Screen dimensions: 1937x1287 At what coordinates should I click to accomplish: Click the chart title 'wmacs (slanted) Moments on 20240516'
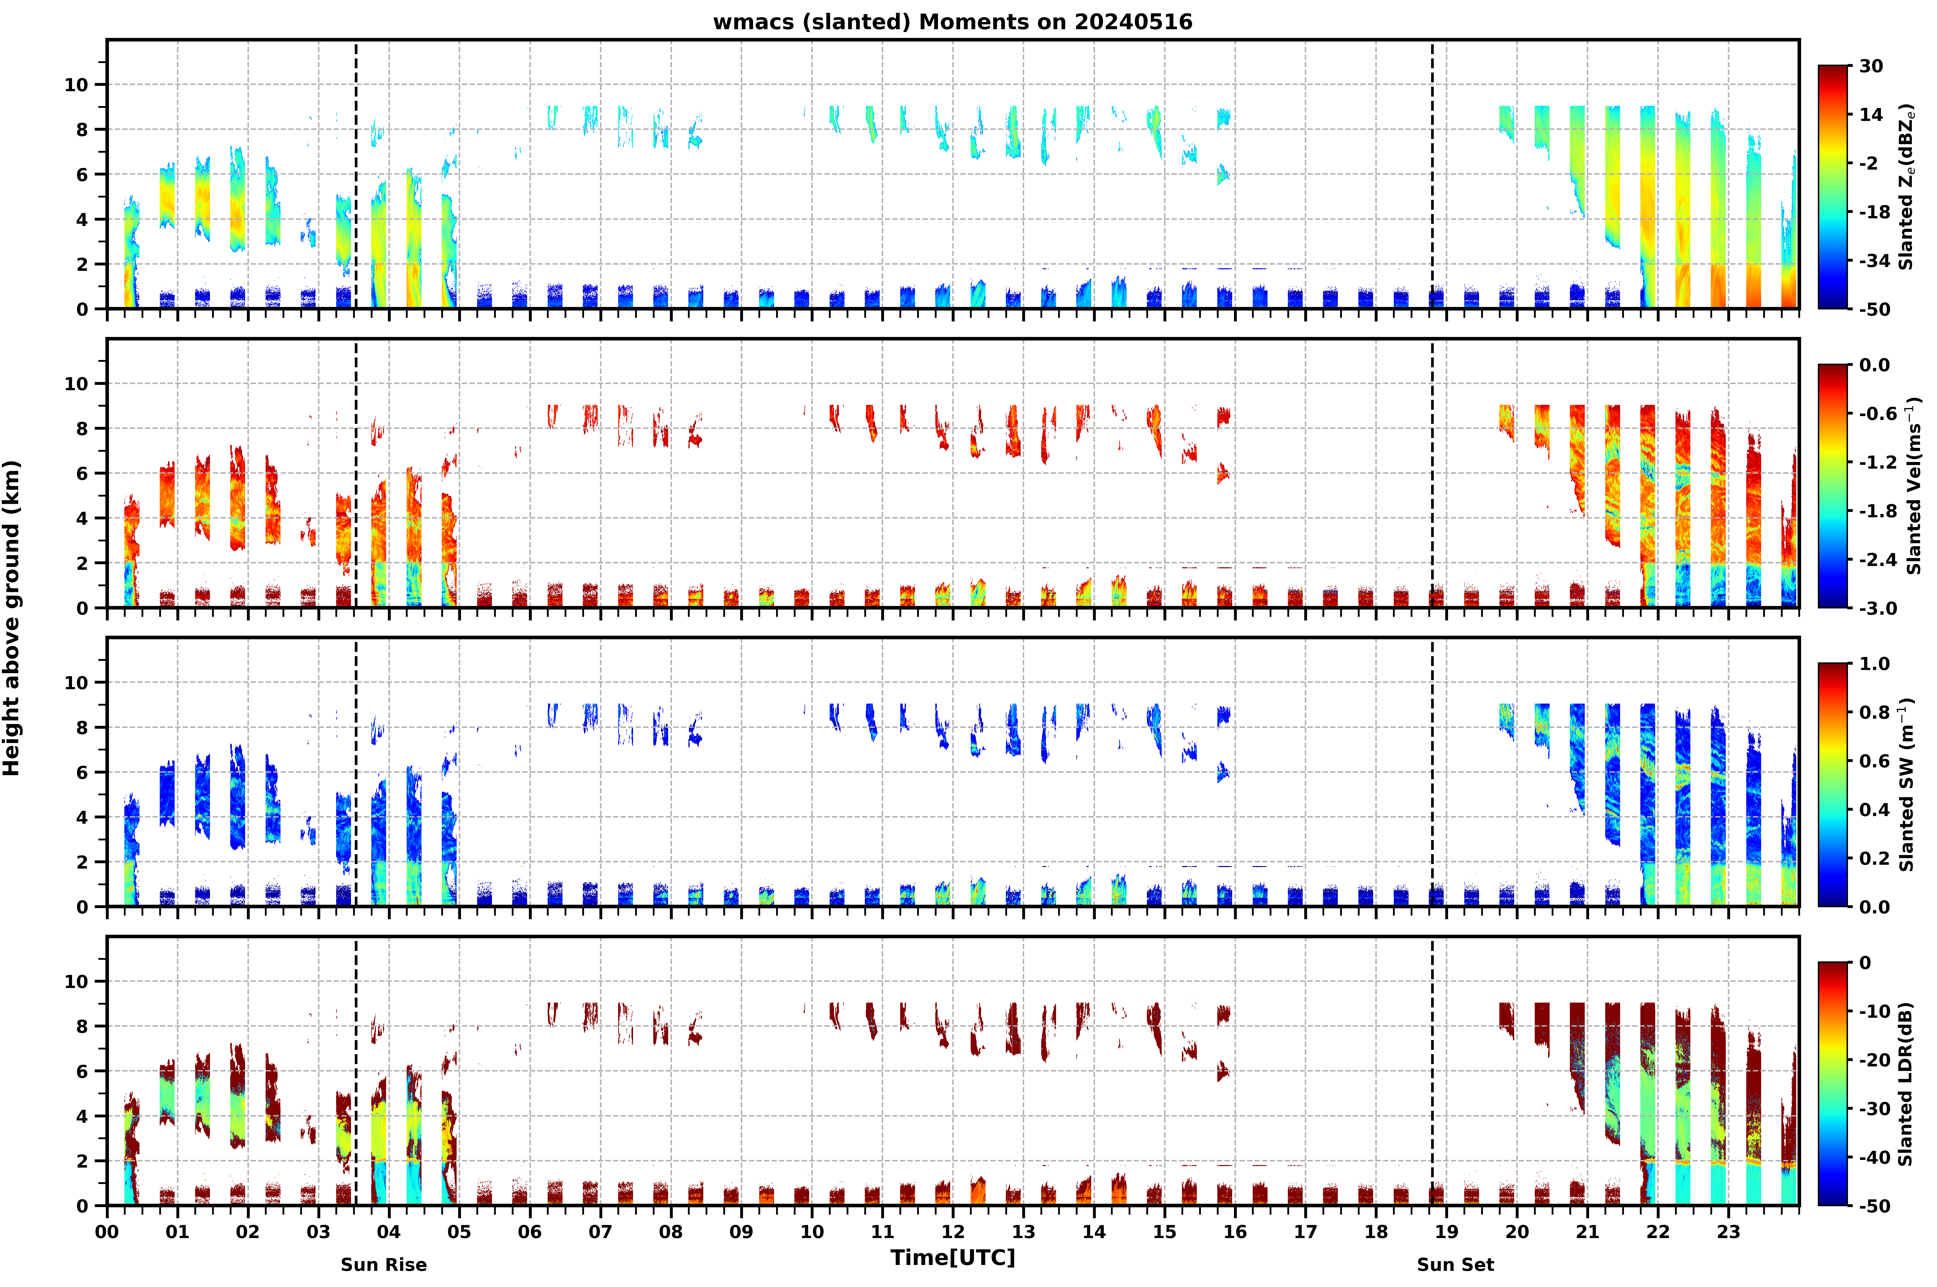pos(952,22)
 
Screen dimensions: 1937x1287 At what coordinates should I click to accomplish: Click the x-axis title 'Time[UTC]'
pos(952,1258)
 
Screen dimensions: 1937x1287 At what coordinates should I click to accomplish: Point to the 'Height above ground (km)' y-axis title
pos(12,618)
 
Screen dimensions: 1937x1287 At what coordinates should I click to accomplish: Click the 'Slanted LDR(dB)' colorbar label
pos(1906,1084)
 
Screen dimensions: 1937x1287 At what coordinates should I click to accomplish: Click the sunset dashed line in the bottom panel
pos(1433,1071)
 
